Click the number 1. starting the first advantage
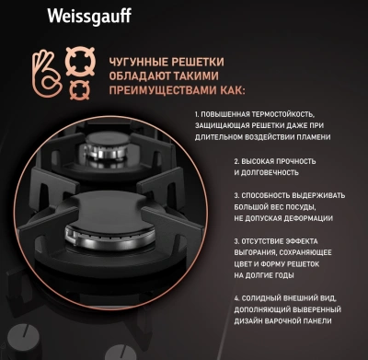(x=197, y=112)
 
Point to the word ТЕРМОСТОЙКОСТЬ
(x=293, y=112)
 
